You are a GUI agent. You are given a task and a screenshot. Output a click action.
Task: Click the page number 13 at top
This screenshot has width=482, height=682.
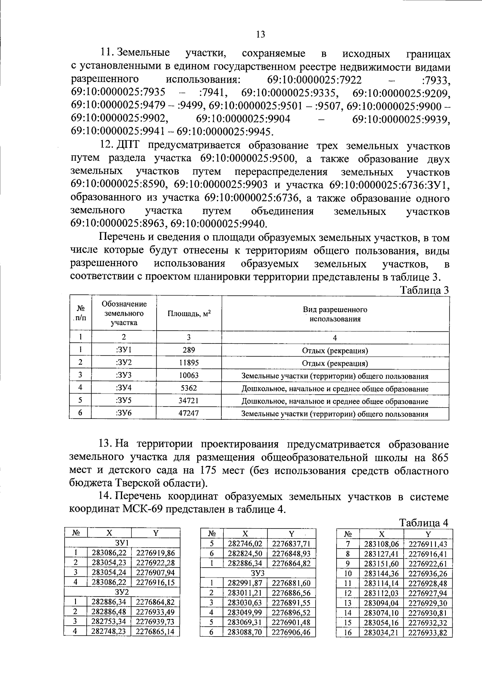pyautogui.click(x=260, y=35)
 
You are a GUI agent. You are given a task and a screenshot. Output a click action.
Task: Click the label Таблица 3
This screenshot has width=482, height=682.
pyautogui.click(x=423, y=290)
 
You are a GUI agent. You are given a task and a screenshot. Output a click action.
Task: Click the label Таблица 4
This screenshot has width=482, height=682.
pyautogui.click(x=423, y=523)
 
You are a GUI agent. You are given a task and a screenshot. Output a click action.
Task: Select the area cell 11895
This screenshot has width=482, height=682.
pyautogui.click(x=188, y=363)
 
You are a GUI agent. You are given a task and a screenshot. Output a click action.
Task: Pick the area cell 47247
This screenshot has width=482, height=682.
pyautogui.click(x=188, y=413)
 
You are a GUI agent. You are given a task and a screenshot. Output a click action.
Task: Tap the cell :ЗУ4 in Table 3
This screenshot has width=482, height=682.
pyautogui.click(x=124, y=388)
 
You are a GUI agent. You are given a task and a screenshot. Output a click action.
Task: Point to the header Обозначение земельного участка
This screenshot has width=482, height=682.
pyautogui.click(x=124, y=313)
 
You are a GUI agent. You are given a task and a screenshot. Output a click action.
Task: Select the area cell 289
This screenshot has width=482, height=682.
pyautogui.click(x=188, y=350)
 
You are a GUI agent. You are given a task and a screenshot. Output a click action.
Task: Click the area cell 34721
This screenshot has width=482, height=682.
pyautogui.click(x=188, y=401)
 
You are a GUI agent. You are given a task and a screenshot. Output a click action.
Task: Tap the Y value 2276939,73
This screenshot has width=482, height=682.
pyautogui.click(x=155, y=621)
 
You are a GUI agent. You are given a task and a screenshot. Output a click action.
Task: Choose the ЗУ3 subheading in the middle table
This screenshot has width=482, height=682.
pyautogui.click(x=258, y=573)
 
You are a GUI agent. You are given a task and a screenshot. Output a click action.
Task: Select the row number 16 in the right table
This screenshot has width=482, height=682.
pyautogui.click(x=348, y=633)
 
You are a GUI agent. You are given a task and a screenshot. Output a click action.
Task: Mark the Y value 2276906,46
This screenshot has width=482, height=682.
pyautogui.click(x=291, y=632)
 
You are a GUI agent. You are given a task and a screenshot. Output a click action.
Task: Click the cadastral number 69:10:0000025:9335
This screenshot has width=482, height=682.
pyautogui.click(x=290, y=93)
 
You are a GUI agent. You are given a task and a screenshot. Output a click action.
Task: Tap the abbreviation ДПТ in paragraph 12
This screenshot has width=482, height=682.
pyautogui.click(x=127, y=145)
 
